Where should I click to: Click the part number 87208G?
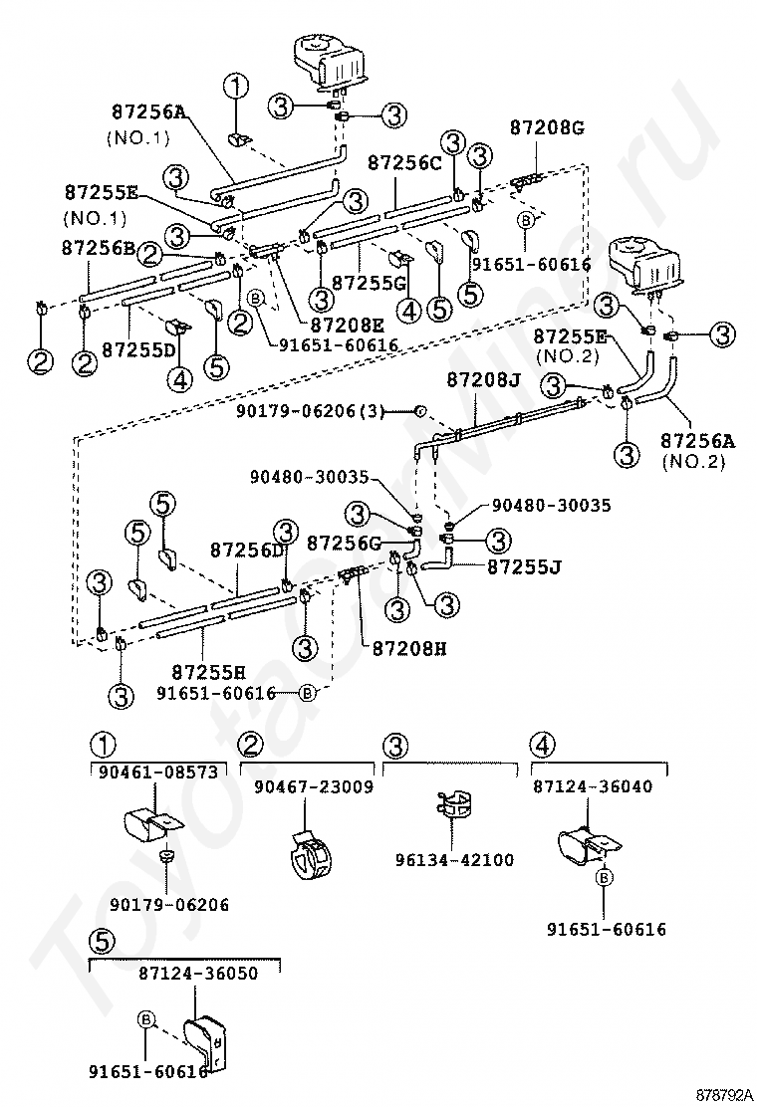coord(547,127)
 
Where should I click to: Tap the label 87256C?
coord(405,163)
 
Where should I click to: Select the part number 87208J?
coord(484,380)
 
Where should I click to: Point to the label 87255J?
coord(524,566)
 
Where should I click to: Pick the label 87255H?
coord(209,670)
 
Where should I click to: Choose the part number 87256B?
coord(99,248)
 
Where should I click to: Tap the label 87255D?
coord(139,350)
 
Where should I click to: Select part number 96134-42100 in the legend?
coord(455,860)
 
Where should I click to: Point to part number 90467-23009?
coord(314,786)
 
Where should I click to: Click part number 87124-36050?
coord(198,974)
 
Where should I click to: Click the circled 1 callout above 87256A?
coord(236,88)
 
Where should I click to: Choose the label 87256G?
coord(344,543)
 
